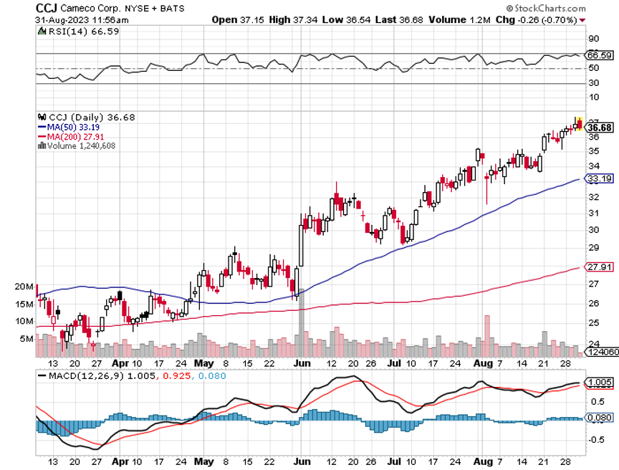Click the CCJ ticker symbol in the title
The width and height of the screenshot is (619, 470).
click(x=47, y=7)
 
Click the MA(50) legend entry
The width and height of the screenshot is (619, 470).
click(x=72, y=127)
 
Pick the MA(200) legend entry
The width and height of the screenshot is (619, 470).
click(x=75, y=136)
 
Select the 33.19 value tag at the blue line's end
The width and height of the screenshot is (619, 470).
click(x=599, y=178)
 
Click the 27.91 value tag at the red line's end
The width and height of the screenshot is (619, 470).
click(x=599, y=267)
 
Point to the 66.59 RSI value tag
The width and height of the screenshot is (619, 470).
click(x=599, y=55)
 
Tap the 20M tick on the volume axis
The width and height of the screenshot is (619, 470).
click(x=24, y=287)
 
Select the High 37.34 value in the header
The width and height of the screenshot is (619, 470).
click(x=291, y=19)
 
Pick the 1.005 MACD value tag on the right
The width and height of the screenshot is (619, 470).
click(x=599, y=383)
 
